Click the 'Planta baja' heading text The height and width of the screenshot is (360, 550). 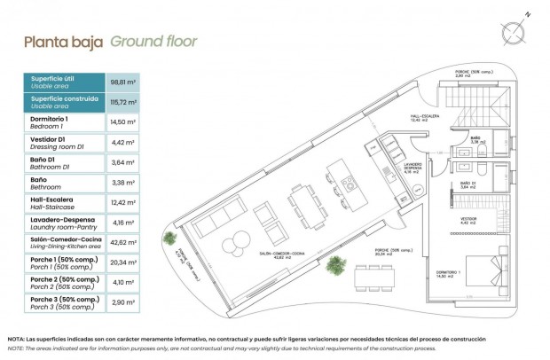63,41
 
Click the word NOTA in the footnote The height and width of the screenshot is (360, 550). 16,340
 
